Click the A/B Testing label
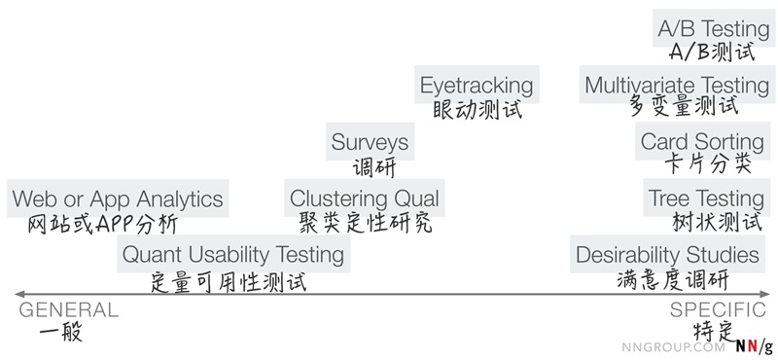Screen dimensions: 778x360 (714, 28)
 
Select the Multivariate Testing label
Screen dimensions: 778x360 (677, 85)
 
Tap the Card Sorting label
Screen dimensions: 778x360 (702, 142)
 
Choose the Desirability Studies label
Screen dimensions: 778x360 (667, 255)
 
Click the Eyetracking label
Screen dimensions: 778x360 (477, 85)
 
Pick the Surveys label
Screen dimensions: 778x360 (370, 142)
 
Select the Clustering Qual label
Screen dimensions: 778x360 (365, 198)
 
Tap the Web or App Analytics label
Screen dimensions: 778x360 (118, 198)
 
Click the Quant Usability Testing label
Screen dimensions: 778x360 (233, 255)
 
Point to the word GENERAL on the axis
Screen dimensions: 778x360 (69, 310)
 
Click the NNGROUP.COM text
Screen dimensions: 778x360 (674, 345)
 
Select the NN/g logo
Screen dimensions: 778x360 (754, 345)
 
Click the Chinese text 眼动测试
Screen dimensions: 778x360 (477, 109)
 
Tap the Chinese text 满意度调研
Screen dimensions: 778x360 (671, 279)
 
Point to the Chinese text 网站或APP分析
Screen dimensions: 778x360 (102, 223)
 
